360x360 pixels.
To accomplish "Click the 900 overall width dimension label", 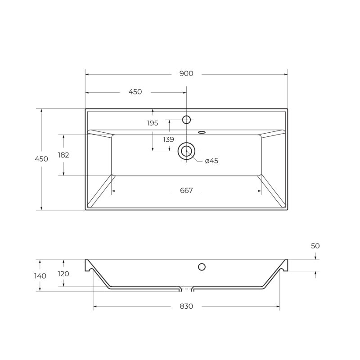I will (186, 73).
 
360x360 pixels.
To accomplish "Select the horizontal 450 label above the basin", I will (135, 92).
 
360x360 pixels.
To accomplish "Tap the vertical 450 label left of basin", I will (41, 159).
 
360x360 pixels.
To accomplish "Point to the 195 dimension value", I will (153, 123).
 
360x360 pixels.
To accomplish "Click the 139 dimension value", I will (168, 139).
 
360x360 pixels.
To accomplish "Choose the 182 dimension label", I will (63, 155).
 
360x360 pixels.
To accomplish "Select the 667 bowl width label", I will (186, 191).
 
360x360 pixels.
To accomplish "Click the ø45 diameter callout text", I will (211, 161).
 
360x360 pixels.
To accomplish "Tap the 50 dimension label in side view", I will (315, 246).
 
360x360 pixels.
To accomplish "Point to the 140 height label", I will (40, 275).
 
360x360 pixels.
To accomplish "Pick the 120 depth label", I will (63, 274).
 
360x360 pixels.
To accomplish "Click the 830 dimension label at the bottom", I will (186, 306).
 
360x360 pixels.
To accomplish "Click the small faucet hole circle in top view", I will (186, 119).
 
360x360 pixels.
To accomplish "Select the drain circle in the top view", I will (186, 151).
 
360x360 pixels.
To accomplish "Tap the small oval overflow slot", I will (202, 132).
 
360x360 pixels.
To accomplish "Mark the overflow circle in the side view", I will (202, 267).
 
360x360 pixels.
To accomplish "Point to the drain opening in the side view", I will (186, 287).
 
